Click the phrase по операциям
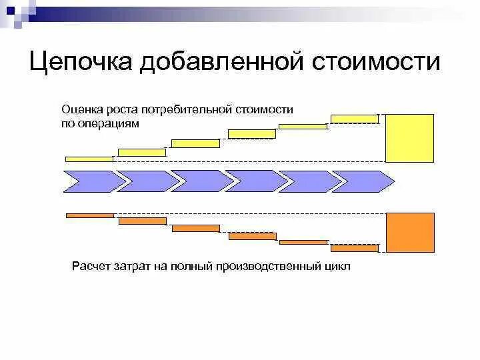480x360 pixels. point(100,123)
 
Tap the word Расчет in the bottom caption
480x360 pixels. point(91,267)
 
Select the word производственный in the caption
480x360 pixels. point(269,267)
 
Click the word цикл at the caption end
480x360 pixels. point(335,267)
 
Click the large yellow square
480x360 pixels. point(410,138)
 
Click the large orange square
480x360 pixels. point(410,233)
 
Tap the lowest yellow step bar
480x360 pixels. point(89,159)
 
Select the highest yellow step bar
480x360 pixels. point(355,119)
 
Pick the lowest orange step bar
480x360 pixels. point(355,248)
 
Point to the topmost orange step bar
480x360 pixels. point(90,215)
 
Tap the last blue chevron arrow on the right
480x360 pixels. point(363,181)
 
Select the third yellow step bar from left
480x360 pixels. point(195,143)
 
